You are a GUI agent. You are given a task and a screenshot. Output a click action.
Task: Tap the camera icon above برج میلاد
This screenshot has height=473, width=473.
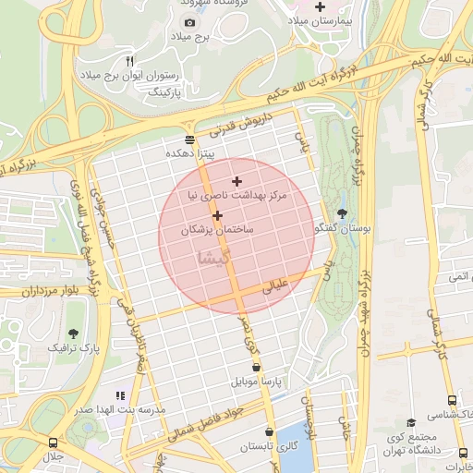[189, 22]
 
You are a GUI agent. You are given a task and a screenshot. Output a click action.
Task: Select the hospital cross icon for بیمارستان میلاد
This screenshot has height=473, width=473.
[320, 6]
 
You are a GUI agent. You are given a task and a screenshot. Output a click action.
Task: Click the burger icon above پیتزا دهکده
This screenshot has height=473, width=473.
[189, 140]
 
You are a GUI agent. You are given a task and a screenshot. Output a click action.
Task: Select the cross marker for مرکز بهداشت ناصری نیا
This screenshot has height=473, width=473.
[237, 182]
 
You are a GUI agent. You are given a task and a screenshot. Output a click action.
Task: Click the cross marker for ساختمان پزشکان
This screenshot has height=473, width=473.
[217, 215]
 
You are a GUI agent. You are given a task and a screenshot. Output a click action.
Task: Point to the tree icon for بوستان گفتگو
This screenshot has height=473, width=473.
[343, 212]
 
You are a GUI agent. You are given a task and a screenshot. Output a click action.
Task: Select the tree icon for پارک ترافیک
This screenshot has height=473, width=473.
[73, 334]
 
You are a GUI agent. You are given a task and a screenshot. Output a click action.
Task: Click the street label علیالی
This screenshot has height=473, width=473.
[278, 286]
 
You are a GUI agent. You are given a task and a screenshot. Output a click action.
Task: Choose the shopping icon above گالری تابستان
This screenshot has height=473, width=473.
[269, 431]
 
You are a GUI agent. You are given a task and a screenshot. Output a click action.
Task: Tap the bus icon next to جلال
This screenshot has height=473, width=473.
[52, 443]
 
